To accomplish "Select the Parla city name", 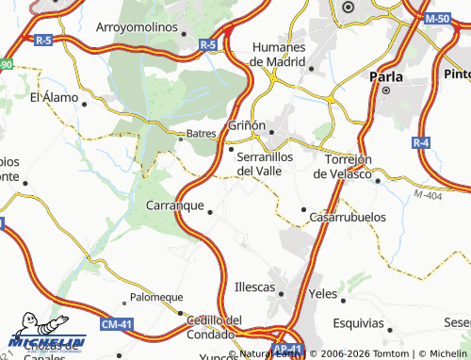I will tap(386, 77).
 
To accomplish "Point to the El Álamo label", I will tap(52, 97).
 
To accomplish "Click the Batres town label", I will tap(201, 134).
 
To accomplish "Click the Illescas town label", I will tap(254, 286).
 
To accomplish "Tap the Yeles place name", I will tap(323, 293).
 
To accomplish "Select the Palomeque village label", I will tap(156, 297).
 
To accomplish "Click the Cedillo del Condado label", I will tap(210, 326).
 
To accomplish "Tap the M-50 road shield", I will tap(437, 19).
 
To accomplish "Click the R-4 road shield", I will tap(421, 142).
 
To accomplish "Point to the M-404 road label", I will tap(426, 194).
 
